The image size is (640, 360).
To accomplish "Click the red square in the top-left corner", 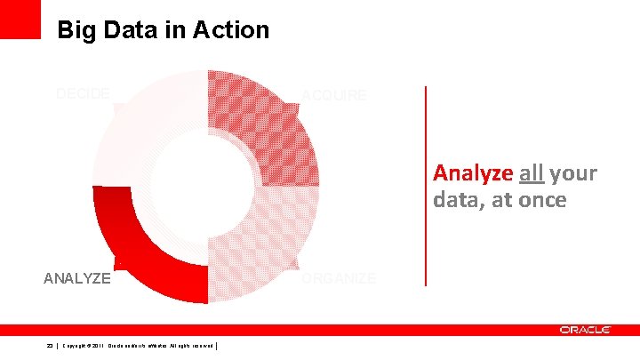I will click(x=20, y=19).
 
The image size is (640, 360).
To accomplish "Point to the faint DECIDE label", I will click(x=83, y=93).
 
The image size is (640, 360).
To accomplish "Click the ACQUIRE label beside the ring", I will click(x=333, y=95).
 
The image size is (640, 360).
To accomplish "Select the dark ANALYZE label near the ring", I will click(x=77, y=278).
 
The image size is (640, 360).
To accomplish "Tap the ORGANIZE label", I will click(x=339, y=278).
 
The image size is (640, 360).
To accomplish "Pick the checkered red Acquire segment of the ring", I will click(x=276, y=124).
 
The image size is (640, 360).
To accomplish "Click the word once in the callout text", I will click(x=540, y=200).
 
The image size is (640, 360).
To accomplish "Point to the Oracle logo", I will click(x=585, y=330).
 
